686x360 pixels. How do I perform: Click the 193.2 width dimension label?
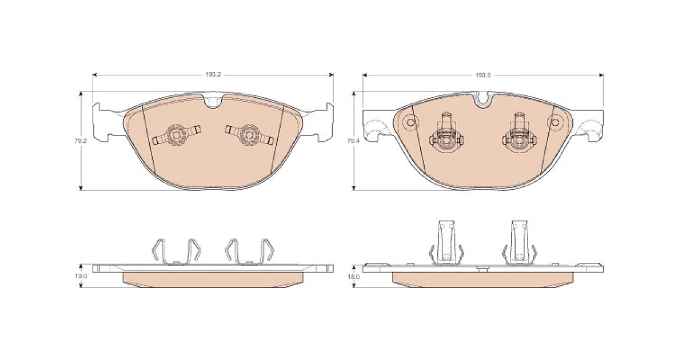(x=213, y=75)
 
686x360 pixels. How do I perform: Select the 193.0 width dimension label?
(x=483, y=75)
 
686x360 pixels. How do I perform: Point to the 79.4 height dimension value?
(x=353, y=141)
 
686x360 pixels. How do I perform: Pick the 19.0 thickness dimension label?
(x=81, y=276)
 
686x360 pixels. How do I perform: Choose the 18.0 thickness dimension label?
(x=354, y=277)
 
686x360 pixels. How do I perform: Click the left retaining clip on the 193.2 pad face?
(x=177, y=135)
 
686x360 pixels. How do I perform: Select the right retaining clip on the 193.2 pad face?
(x=249, y=135)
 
